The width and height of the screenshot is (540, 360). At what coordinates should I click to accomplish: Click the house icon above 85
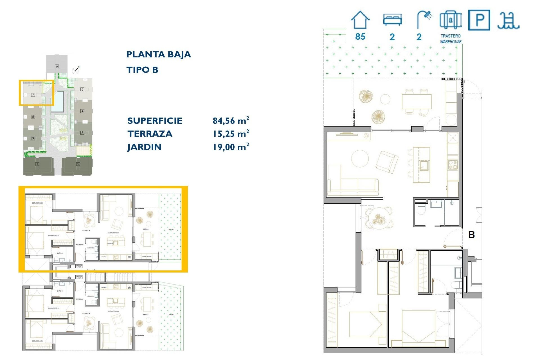(360, 20)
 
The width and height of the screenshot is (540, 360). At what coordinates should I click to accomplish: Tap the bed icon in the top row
(392, 20)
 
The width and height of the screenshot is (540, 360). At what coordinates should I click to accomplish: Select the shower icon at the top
(424, 19)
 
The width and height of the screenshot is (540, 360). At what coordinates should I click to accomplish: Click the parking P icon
(479, 20)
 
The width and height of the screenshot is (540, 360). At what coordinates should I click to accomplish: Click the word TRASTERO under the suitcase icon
(451, 36)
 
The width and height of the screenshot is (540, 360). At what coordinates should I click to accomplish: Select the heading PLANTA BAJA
(158, 54)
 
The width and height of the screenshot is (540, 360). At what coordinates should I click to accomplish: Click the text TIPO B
(142, 70)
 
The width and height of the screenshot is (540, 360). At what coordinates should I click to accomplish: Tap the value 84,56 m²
(231, 121)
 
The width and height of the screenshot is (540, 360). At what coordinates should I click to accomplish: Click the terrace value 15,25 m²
(231, 134)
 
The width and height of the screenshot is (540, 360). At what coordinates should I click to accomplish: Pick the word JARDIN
(144, 147)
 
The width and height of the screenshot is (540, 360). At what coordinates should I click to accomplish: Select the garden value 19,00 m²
(231, 147)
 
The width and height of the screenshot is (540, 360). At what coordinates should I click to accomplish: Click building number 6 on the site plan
(57, 66)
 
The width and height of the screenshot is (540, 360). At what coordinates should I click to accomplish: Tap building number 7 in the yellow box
(33, 95)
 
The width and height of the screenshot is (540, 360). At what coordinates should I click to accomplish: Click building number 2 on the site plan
(78, 164)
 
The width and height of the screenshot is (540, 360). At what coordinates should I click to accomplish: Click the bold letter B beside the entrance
(472, 235)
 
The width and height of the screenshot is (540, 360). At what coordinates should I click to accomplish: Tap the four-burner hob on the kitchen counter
(453, 165)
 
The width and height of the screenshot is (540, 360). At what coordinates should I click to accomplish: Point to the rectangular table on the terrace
(417, 102)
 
